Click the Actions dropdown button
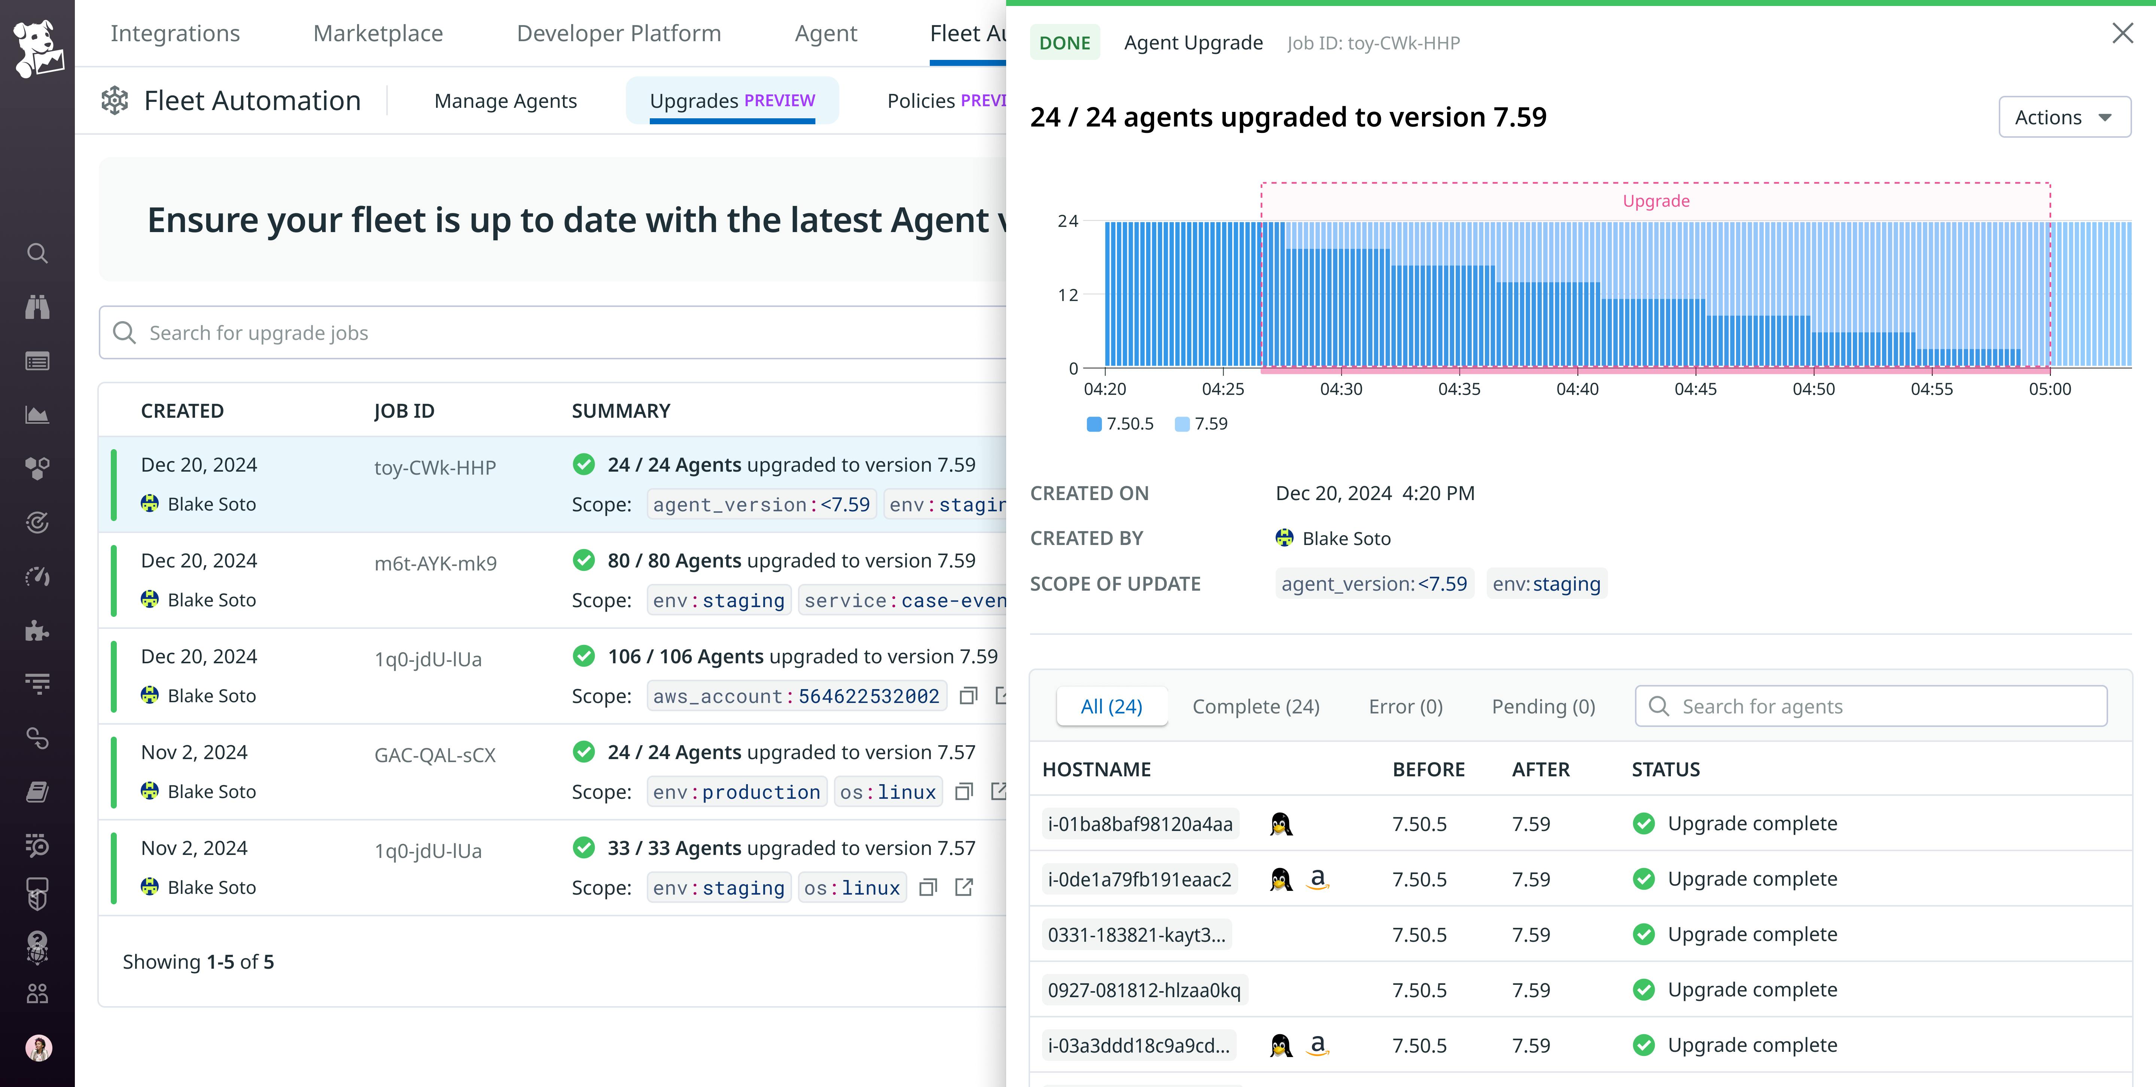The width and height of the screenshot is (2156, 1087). (2063, 117)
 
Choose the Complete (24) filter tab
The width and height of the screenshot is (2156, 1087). (1255, 706)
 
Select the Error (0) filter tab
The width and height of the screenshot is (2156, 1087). (1405, 706)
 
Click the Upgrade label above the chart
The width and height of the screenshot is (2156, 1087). (1656, 201)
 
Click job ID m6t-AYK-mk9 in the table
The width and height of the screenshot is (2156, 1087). (435, 563)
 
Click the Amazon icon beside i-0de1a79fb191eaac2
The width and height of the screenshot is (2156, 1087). (1318, 879)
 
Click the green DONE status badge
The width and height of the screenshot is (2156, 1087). (1064, 43)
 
